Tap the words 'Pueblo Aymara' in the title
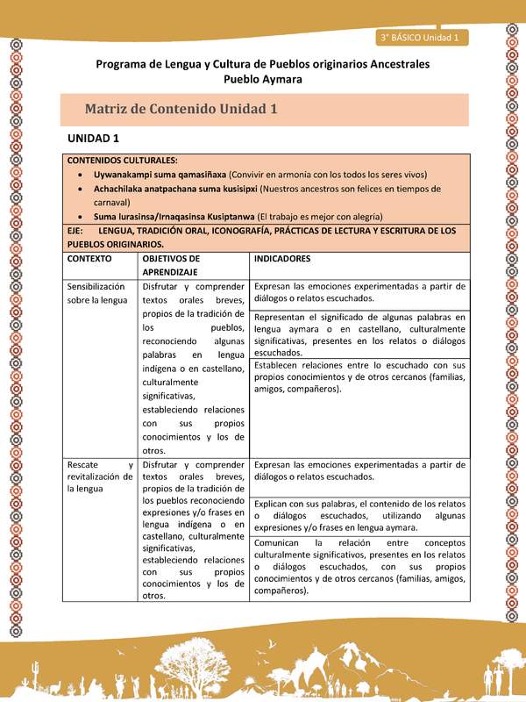tap(263, 79)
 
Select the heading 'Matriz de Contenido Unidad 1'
tap(181, 110)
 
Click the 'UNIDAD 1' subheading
tap(93, 140)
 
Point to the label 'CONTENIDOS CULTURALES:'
tap(123, 161)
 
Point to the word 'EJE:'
tap(76, 231)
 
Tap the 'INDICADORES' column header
tap(282, 260)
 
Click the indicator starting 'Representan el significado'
tap(359, 334)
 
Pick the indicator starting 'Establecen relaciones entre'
tap(359, 376)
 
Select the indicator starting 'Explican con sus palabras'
tap(359, 516)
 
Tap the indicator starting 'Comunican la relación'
tap(359, 567)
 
